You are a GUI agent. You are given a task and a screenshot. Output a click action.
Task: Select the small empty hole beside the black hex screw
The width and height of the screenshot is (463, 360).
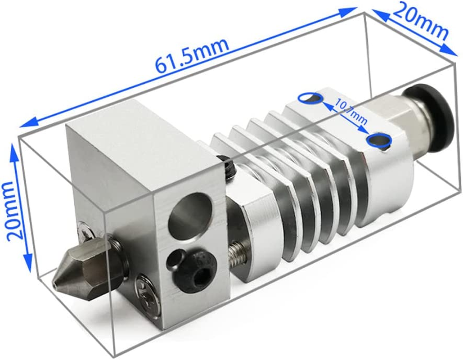(173, 261)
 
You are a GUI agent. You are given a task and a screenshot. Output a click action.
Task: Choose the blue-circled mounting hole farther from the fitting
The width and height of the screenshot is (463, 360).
(310, 97)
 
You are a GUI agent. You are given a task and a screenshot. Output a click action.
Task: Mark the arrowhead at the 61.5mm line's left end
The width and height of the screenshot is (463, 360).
(25, 121)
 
